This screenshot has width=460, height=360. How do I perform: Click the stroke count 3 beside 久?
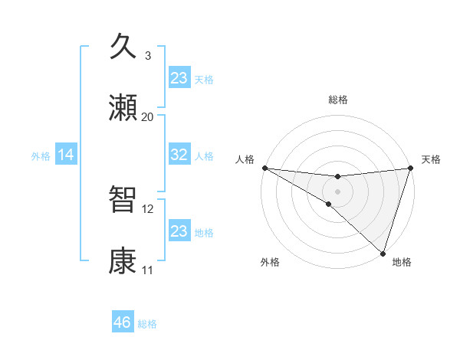click(x=148, y=56)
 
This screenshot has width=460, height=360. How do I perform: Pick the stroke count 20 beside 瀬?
click(x=148, y=117)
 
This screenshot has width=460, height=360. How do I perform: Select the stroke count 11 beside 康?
click(x=148, y=270)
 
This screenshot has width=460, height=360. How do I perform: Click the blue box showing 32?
click(x=179, y=155)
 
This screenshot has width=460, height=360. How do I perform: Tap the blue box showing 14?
click(x=66, y=155)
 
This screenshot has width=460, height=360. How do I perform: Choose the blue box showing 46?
click(x=123, y=322)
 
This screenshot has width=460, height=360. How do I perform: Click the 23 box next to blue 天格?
click(x=179, y=78)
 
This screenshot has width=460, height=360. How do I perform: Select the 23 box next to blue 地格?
click(x=179, y=231)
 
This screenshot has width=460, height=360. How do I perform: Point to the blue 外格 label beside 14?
click(x=41, y=155)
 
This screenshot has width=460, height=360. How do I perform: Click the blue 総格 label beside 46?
click(x=147, y=324)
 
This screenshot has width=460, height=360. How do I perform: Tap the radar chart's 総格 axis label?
click(x=337, y=100)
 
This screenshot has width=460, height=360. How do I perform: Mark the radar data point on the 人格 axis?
click(x=264, y=167)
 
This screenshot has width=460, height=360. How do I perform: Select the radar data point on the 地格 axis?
click(x=383, y=253)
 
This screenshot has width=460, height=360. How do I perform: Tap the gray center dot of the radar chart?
click(x=337, y=191)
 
